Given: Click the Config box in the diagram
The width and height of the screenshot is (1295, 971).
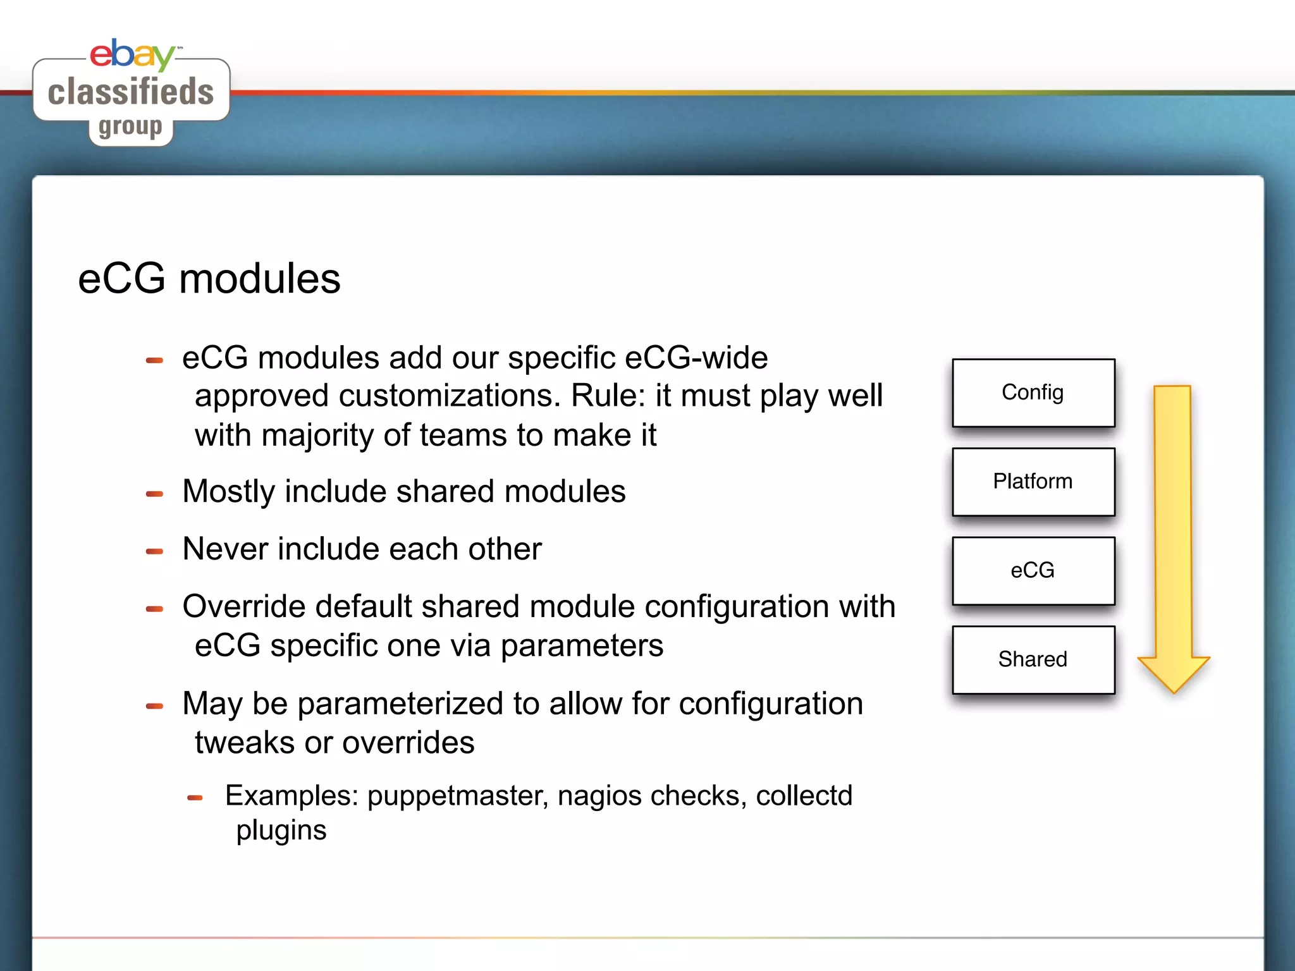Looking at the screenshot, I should click(1033, 393).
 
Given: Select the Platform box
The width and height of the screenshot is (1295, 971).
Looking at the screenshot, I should click(1033, 482).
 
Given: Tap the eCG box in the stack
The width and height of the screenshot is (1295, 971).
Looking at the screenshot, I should click(1033, 570).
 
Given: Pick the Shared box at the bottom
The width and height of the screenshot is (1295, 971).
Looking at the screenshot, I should click(1033, 659).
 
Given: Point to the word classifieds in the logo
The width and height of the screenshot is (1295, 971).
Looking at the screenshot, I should click(131, 92).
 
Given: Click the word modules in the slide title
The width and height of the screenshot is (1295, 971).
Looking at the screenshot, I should click(259, 279).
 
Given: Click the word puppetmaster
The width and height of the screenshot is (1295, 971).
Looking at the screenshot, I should click(457, 796).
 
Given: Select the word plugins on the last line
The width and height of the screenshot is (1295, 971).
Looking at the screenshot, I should click(281, 831).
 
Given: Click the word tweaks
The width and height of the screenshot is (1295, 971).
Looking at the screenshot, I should click(244, 743).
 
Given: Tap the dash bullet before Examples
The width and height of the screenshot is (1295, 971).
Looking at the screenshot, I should click(195, 798).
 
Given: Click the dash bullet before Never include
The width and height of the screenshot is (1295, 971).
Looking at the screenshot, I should click(154, 551).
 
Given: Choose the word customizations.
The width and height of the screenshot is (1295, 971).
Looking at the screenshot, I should click(450, 396).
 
